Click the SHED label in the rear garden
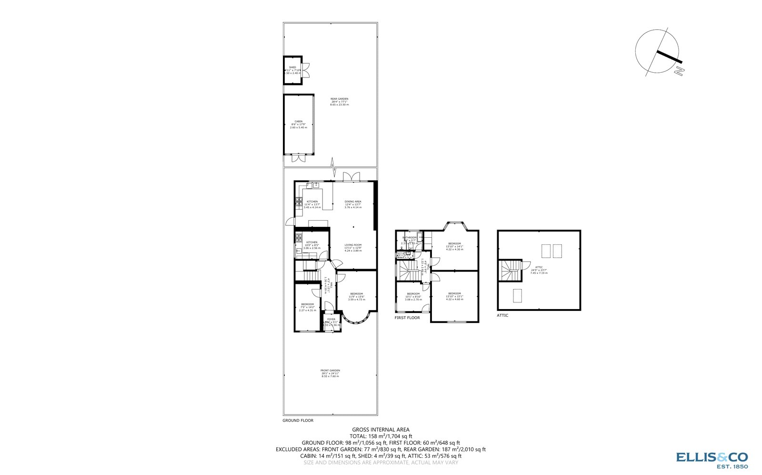(x=292, y=68)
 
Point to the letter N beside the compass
(x=680, y=71)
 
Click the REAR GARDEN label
(x=339, y=99)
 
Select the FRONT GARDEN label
(x=330, y=370)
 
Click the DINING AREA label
(x=353, y=202)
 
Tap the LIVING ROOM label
(x=353, y=245)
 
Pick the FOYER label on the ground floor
(x=331, y=319)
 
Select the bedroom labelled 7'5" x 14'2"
(x=307, y=304)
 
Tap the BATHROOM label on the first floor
(x=410, y=238)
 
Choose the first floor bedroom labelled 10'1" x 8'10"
(x=413, y=294)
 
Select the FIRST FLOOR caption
(x=407, y=318)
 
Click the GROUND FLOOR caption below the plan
(x=298, y=420)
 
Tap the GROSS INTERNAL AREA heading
(x=381, y=429)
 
